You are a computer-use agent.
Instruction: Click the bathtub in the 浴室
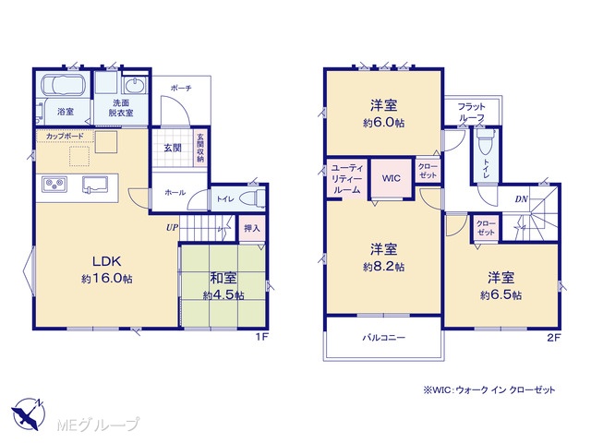(x=63, y=85)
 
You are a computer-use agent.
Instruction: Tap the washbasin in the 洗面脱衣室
(x=134, y=85)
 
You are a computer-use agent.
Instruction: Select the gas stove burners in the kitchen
(x=54, y=185)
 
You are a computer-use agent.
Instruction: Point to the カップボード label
(x=65, y=136)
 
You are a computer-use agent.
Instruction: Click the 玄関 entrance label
(x=173, y=148)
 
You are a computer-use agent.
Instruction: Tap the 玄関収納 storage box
(x=200, y=148)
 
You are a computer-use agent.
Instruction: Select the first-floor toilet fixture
(x=253, y=198)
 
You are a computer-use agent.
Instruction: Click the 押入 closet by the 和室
(x=252, y=228)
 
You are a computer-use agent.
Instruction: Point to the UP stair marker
(x=172, y=228)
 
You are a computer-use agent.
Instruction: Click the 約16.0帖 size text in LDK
(x=107, y=279)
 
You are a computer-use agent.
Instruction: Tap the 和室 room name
(x=223, y=278)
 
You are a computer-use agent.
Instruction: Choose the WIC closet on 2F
(x=392, y=178)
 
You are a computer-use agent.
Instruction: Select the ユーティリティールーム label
(x=347, y=178)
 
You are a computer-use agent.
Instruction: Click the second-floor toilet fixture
(x=485, y=141)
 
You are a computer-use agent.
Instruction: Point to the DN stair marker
(x=521, y=199)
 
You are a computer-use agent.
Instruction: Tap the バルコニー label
(x=384, y=337)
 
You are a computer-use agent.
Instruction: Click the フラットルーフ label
(x=472, y=112)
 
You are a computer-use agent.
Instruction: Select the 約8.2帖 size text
(x=384, y=267)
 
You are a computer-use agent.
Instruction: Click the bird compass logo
(x=29, y=414)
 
